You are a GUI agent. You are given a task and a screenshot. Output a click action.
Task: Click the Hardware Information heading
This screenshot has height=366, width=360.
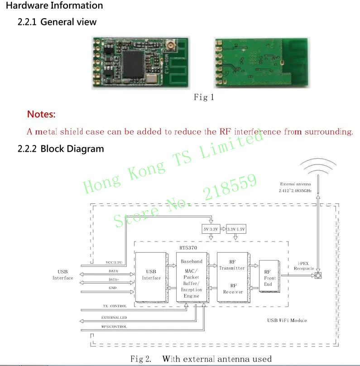[54, 6]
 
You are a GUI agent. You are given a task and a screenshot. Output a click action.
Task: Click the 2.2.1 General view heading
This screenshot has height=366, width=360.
[57, 22]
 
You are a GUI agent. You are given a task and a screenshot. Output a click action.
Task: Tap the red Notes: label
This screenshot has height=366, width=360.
[41, 114]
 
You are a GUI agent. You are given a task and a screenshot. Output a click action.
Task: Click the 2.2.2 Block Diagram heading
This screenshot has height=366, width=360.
[60, 149]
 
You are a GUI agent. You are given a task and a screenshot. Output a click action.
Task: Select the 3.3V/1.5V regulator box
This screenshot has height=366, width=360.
[235, 230]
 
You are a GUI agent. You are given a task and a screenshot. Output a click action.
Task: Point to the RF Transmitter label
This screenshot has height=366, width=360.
[232, 265]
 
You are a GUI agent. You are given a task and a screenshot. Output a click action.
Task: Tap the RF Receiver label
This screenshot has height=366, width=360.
[233, 289]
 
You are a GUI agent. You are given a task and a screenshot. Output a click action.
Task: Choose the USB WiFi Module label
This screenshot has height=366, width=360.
[287, 320]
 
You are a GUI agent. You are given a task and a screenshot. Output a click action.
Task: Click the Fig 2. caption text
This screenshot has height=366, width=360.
[201, 359]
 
